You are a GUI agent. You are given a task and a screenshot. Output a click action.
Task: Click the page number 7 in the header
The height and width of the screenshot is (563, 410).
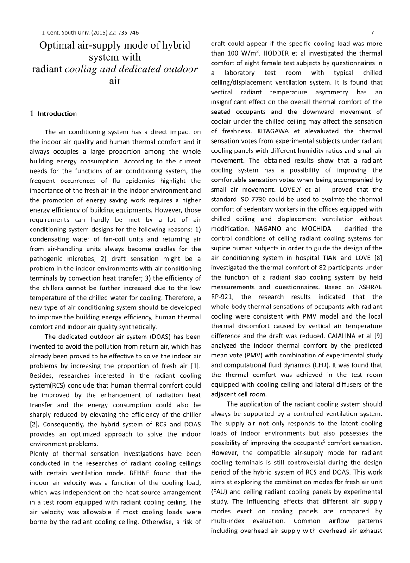pos(372,32)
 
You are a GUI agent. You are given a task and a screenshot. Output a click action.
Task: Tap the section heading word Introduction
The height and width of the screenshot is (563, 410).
pos(57,113)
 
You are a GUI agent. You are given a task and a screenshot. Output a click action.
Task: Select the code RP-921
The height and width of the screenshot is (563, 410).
pos(224,297)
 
